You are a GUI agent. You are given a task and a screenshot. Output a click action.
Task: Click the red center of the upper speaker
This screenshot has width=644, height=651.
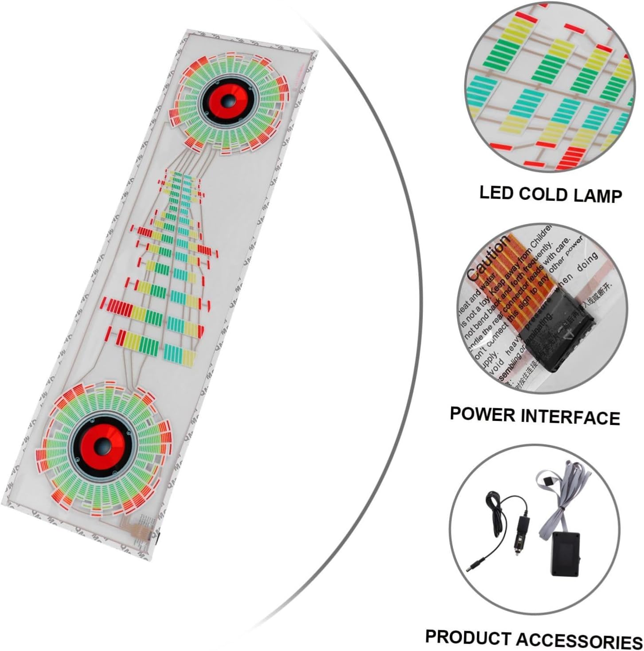[x=228, y=100]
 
